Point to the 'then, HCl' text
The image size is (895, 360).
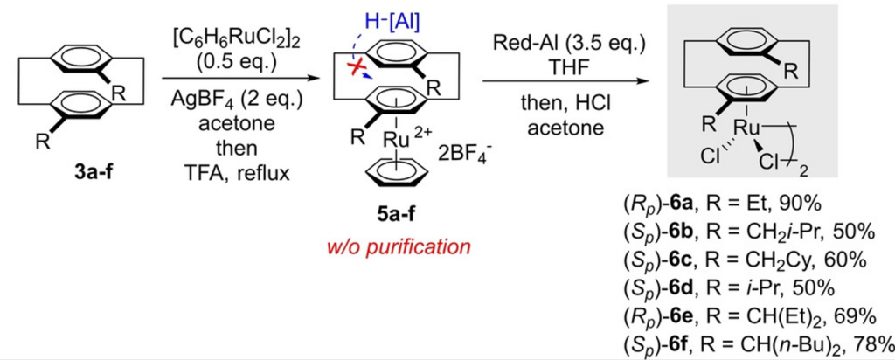click(x=566, y=107)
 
